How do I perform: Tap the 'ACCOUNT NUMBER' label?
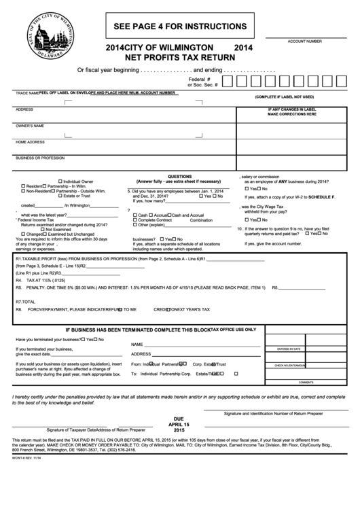(x=304, y=41)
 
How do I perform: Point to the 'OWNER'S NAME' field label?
(x=30, y=126)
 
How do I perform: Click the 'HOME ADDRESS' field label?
(x=30, y=142)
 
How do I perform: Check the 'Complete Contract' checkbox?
(x=134, y=220)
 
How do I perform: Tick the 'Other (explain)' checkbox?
(x=134, y=225)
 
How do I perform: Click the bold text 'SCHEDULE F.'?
(x=322, y=196)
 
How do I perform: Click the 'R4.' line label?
(x=19, y=279)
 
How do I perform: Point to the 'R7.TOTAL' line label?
(x=24, y=301)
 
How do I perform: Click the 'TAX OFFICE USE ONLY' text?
(x=233, y=329)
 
